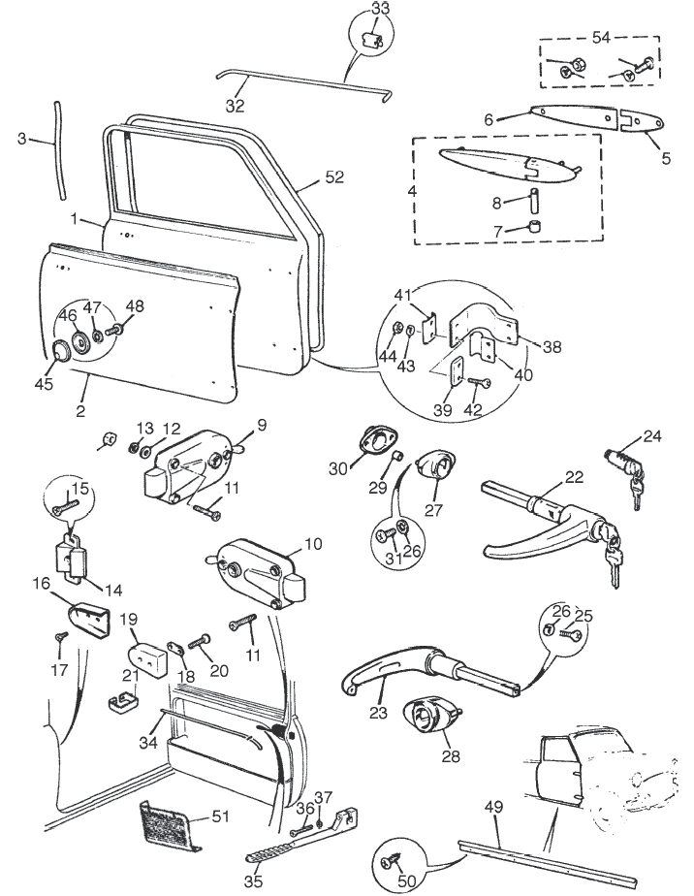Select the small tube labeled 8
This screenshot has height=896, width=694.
click(535, 207)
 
